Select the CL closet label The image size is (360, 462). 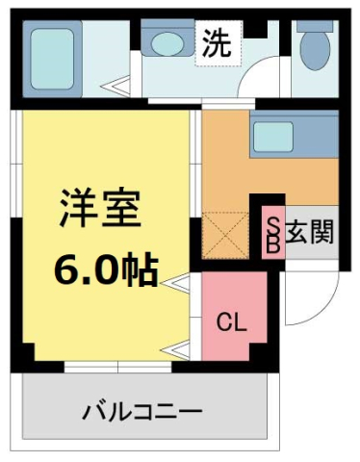[x=234, y=322]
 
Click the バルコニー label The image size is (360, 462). [x=141, y=412]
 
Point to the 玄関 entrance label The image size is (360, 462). [x=309, y=234]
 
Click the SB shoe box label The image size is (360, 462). [x=273, y=233]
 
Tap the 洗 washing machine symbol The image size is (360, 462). [x=216, y=44]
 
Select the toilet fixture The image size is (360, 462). [x=313, y=48]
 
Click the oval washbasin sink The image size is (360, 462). [x=167, y=44]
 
